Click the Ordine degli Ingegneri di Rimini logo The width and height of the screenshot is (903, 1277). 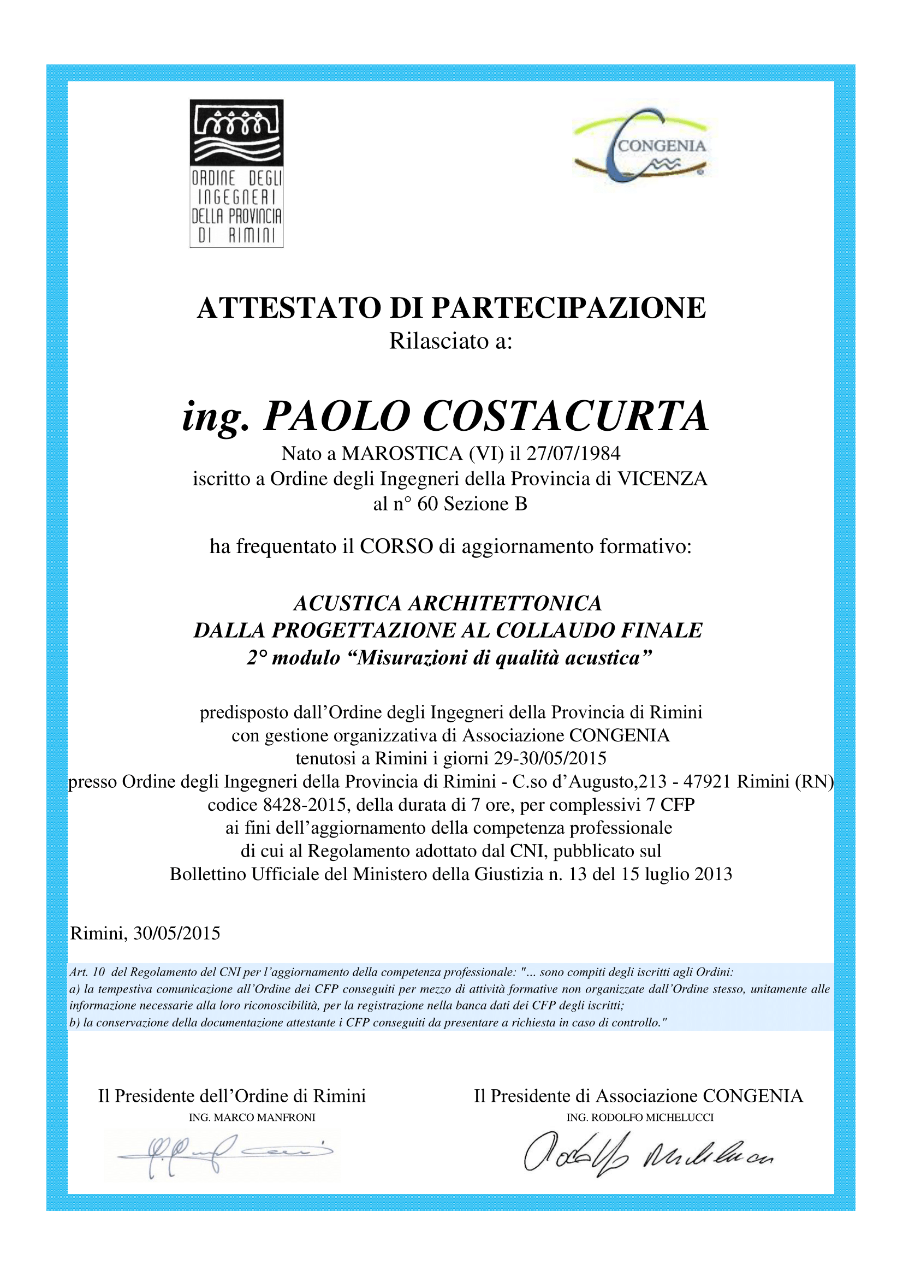click(x=236, y=174)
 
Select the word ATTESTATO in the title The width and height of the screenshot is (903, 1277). click(x=290, y=308)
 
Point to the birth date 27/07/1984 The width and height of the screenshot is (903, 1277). click(x=573, y=454)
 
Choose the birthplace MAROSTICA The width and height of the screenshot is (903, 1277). click(x=402, y=454)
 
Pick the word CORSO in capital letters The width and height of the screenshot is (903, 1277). click(x=396, y=547)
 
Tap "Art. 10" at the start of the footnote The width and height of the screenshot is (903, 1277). click(x=87, y=972)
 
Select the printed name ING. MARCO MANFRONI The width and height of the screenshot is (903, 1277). click(x=252, y=1118)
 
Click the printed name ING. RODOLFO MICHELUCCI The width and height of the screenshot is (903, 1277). click(x=639, y=1118)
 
